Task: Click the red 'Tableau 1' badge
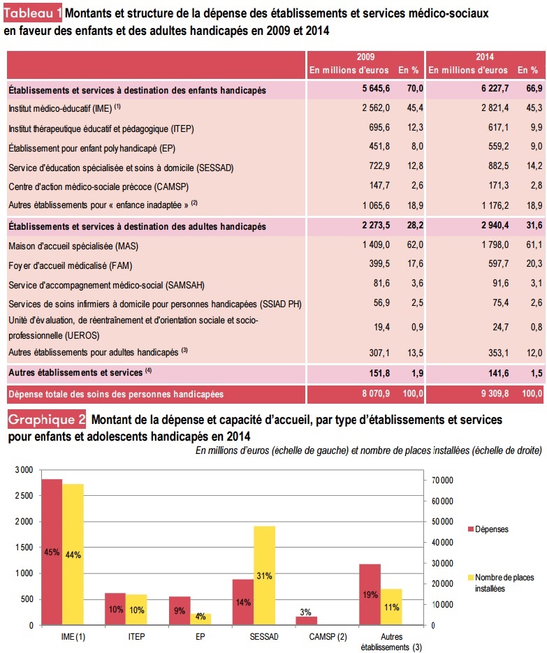pyautogui.click(x=35, y=13)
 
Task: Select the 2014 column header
pyautogui.click(x=485, y=57)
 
